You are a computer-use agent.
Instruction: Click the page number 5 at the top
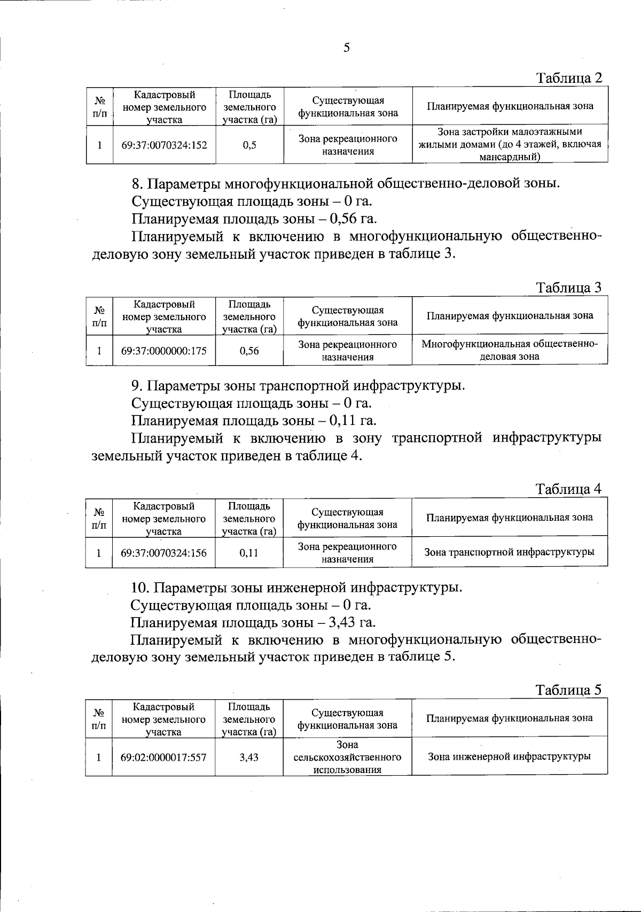(x=347, y=48)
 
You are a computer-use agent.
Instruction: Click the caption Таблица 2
(x=569, y=78)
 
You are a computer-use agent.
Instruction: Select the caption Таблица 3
(x=569, y=288)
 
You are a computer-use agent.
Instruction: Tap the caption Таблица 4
(x=569, y=489)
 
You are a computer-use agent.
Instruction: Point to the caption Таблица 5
(x=569, y=690)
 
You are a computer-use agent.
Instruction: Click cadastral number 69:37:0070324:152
(x=164, y=145)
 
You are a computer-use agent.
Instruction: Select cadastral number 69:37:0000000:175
(x=164, y=351)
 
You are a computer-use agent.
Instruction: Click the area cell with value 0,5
(x=249, y=145)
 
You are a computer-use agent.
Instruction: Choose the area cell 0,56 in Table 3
(x=249, y=351)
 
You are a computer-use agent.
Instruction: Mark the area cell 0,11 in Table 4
(x=249, y=553)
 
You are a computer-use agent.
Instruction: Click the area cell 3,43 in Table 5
(x=249, y=757)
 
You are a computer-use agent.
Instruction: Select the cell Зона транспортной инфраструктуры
(x=509, y=552)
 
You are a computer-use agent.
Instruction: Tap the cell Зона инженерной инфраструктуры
(x=509, y=756)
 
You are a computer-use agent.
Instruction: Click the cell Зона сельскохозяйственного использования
(x=347, y=757)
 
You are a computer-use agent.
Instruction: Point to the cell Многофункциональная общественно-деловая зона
(x=510, y=350)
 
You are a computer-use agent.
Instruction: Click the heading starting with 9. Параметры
(x=298, y=385)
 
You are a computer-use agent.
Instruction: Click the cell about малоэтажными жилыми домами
(x=510, y=144)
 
